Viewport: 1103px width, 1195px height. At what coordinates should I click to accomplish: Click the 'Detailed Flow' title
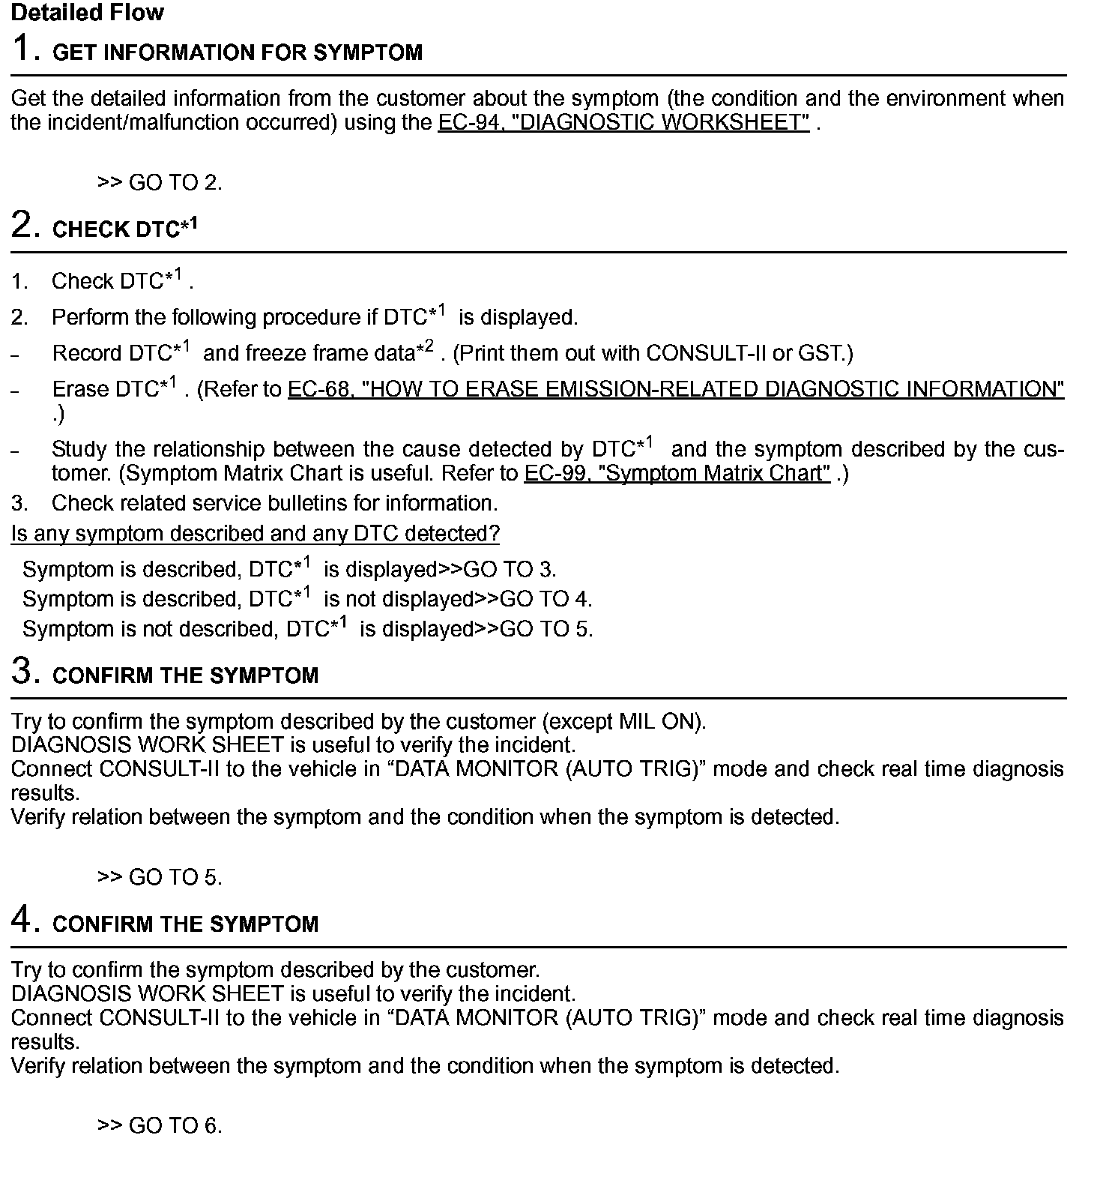click(87, 13)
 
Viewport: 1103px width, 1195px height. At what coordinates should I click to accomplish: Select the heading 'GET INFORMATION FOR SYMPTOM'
click(238, 52)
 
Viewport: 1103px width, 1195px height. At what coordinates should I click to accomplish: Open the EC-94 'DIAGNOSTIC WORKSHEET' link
click(623, 122)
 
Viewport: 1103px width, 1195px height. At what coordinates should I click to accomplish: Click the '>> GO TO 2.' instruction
click(160, 183)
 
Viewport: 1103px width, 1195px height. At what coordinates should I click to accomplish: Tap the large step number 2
click(25, 224)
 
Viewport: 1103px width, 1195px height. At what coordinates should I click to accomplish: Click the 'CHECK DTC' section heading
click(124, 229)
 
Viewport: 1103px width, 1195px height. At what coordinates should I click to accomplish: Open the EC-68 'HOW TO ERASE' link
click(675, 389)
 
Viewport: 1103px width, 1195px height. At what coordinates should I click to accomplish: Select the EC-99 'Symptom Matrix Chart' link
click(677, 474)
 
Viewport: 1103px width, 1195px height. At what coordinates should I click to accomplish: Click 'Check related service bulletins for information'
click(274, 503)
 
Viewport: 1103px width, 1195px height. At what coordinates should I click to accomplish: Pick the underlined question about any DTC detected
click(255, 534)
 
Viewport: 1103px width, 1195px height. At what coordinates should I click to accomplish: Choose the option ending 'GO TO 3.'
click(289, 570)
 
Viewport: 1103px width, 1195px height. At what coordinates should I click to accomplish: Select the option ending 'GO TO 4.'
click(307, 599)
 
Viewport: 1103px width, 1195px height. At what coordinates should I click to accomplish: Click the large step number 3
click(25, 670)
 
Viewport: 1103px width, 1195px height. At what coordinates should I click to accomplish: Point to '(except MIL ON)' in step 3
click(623, 722)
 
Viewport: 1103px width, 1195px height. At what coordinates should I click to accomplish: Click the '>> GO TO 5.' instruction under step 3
click(160, 877)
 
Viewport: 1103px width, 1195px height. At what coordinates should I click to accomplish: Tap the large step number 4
click(25, 919)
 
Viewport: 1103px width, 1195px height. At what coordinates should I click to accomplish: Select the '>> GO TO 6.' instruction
click(160, 1126)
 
